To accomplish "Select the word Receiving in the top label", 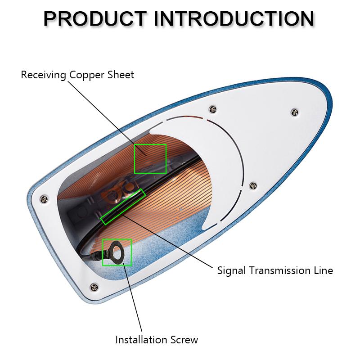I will (x=43, y=75).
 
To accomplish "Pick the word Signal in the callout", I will (x=231, y=270).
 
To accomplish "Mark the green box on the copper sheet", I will (x=150, y=158).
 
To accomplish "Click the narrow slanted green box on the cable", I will (x=123, y=207).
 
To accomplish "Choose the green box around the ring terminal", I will (x=117, y=252).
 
